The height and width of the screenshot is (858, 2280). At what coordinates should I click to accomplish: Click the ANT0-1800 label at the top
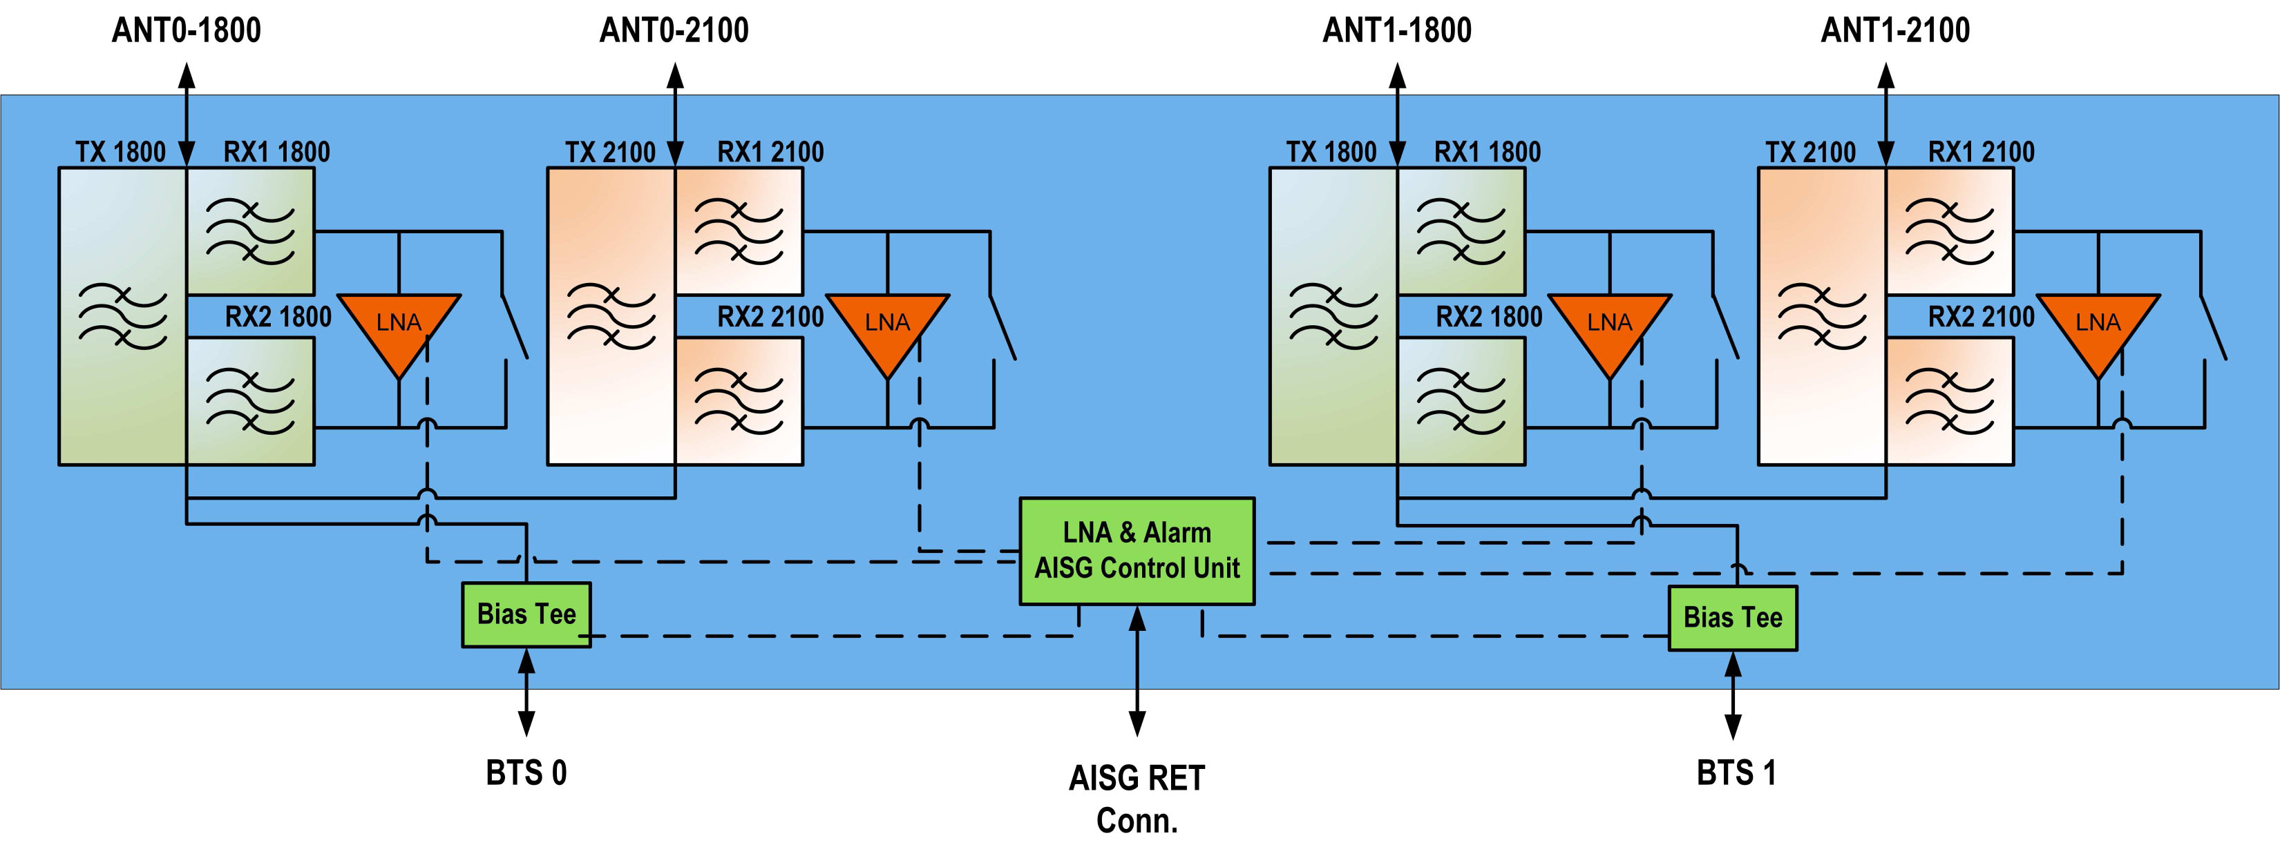pos(186,31)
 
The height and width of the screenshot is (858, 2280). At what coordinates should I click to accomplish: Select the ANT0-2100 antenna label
pos(674,31)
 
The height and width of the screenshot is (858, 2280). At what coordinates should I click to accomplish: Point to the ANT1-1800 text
pos(1397,31)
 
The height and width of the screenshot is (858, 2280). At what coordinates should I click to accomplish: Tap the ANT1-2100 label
pos(1895,31)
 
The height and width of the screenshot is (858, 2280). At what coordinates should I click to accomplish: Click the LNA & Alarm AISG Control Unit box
pos(1137,551)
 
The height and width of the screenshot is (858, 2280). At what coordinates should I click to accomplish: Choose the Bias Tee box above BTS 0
pos(526,614)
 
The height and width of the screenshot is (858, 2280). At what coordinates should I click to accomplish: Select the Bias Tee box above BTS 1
pos(1732,617)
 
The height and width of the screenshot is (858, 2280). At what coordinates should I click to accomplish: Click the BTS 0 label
pos(526,773)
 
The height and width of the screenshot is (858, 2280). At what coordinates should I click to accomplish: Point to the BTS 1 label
pos(1736,773)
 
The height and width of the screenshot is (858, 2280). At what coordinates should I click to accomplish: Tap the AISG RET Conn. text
pos(1137,799)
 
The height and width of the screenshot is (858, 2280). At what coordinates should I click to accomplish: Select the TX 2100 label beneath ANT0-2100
pos(610,152)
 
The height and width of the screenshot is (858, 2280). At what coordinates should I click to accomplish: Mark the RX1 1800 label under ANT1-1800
pos(1487,152)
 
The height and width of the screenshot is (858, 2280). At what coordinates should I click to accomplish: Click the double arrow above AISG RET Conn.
pos(1137,670)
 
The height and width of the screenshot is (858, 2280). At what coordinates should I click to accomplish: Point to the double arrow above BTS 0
pos(526,692)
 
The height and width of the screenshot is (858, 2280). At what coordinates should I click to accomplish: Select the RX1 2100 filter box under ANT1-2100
pos(1949,232)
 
